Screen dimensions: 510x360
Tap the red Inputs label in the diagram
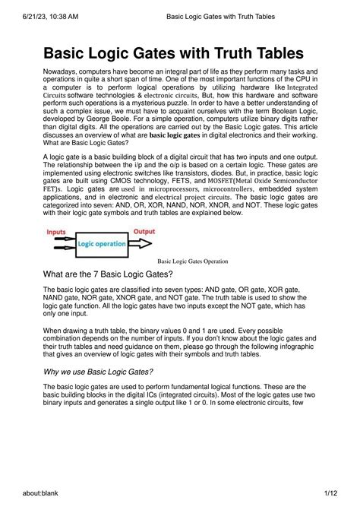click(56, 231)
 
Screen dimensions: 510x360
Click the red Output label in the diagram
click(144, 231)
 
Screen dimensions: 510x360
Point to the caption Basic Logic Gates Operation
click(193, 261)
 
